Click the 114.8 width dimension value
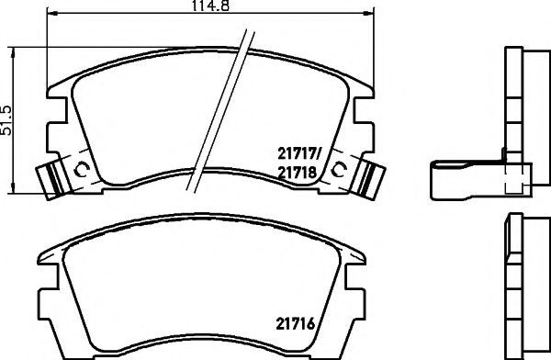pos(210,6)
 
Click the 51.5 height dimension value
pos(6,120)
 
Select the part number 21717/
pos(299,153)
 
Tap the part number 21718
pos(298,173)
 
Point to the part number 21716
pos(296,324)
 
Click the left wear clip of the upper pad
pos(51,180)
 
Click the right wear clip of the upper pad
pos(369,180)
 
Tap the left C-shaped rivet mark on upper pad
pos(82,170)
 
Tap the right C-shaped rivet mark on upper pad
pos(339,170)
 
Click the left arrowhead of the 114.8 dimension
pos(51,14)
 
